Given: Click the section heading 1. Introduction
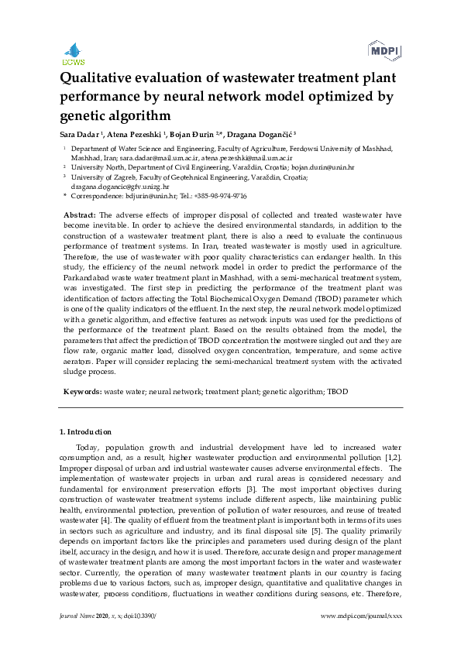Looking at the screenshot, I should click(x=85, y=432).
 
